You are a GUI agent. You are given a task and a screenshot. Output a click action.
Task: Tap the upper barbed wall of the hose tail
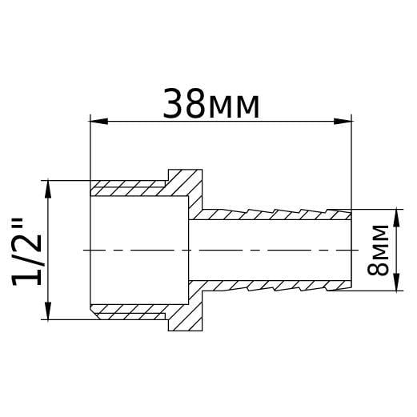[x=272, y=215]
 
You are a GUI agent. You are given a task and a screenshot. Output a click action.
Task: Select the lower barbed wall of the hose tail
[x=272, y=285]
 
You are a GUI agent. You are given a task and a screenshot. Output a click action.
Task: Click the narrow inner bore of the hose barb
[x=272, y=250]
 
